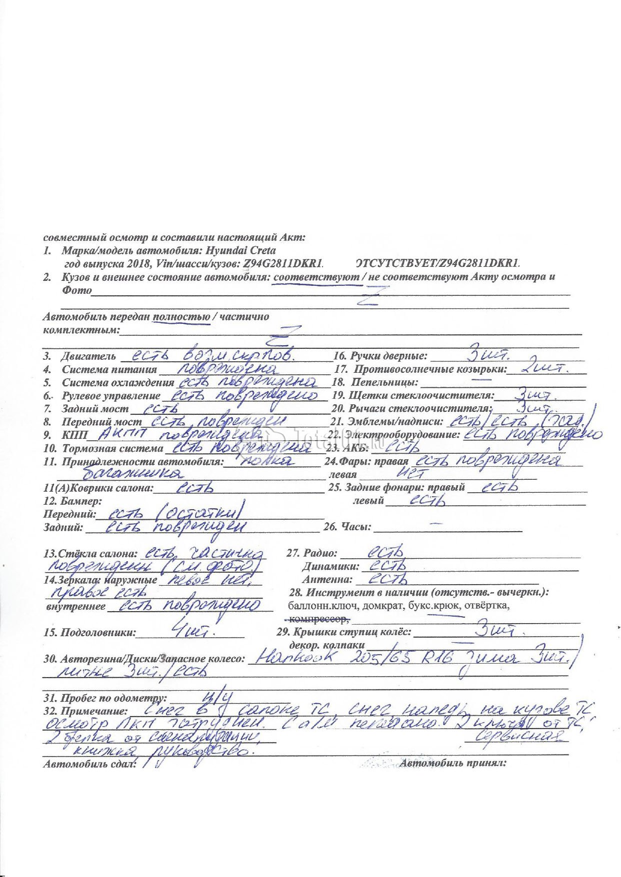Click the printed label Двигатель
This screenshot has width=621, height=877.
88,357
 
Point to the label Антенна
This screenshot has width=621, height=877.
327,580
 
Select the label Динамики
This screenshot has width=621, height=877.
330,567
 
